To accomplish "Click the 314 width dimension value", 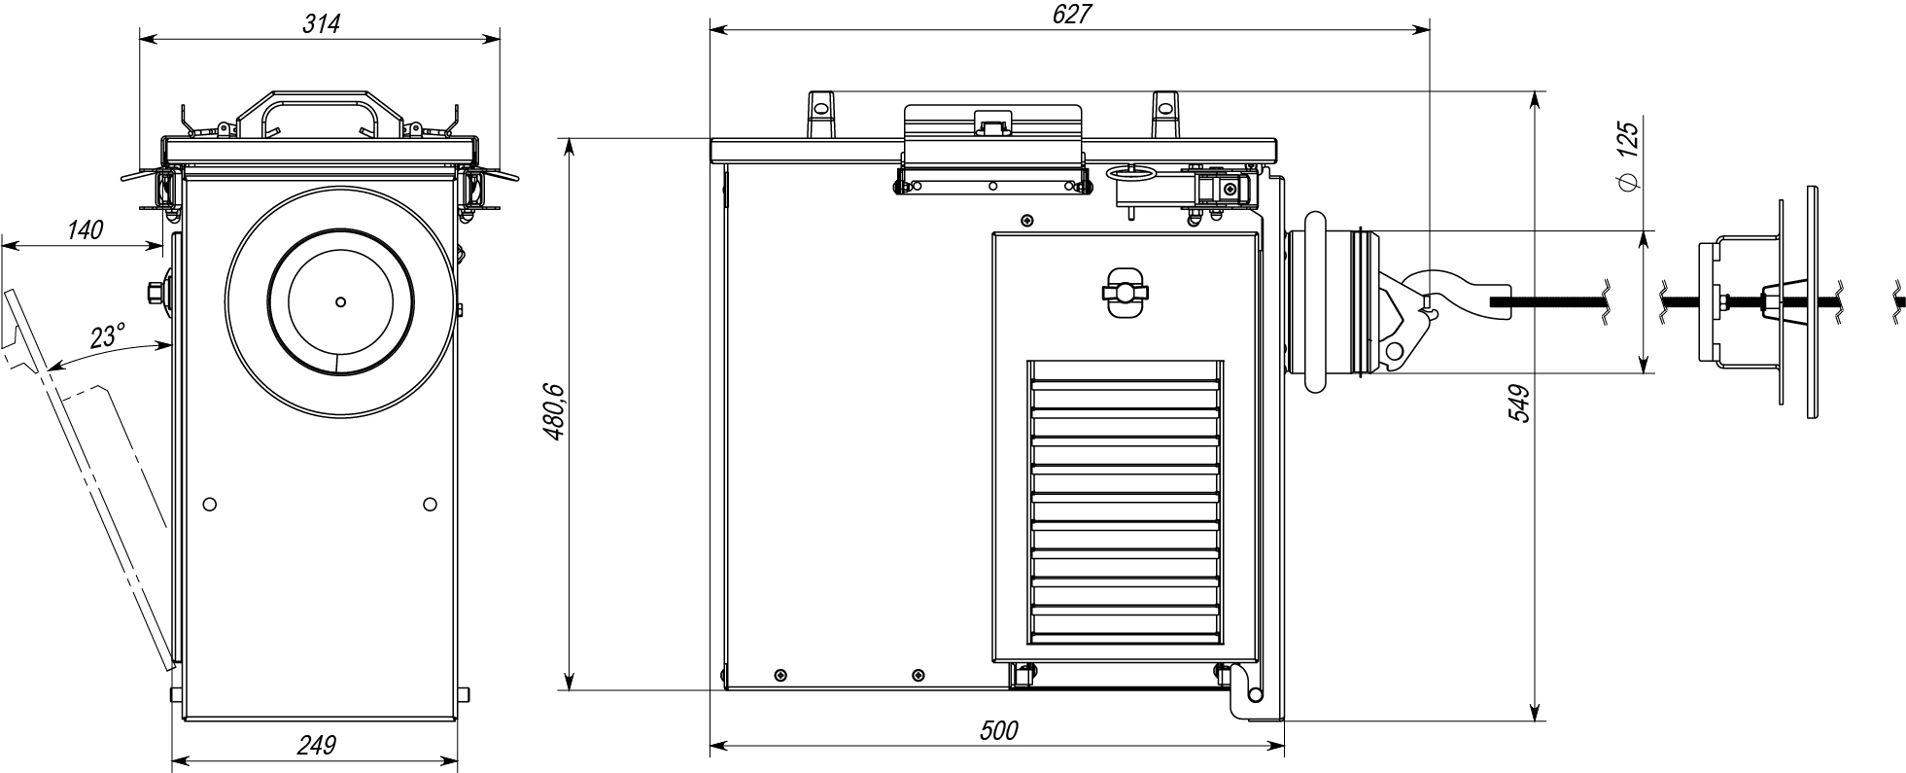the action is [x=322, y=24].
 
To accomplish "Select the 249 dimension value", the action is [x=316, y=745].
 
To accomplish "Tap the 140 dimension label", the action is [x=85, y=230].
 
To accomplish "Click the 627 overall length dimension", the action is [x=1070, y=14].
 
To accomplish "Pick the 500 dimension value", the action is [x=998, y=730].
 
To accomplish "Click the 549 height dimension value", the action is [x=1520, y=404].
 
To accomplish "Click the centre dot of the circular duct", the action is [x=340, y=301].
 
